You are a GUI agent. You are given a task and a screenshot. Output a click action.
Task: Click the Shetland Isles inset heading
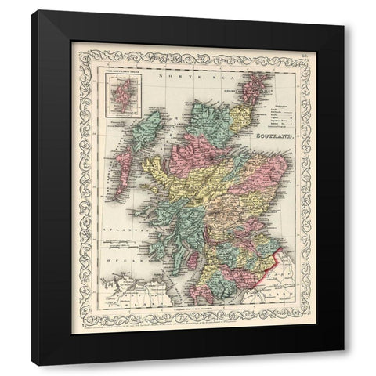pos(121,75)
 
